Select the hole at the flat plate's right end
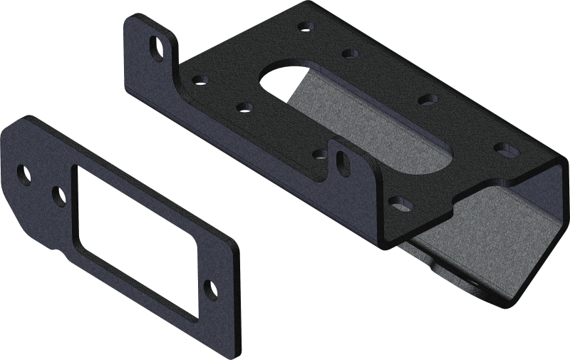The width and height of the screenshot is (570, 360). coord(211,288)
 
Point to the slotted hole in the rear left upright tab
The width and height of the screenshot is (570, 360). coord(155,49)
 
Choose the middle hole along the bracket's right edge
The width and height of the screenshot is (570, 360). coord(425,99)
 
